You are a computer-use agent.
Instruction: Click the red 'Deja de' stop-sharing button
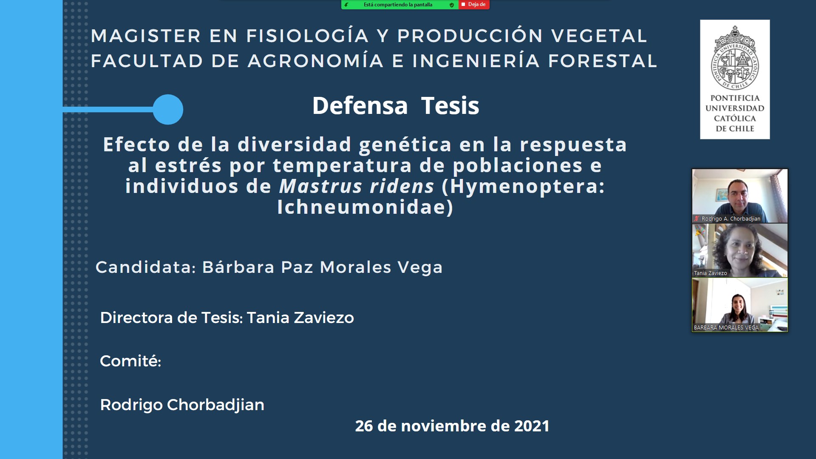click(x=474, y=5)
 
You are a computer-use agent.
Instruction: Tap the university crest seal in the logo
click(x=735, y=58)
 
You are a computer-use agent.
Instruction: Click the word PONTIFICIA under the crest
click(x=735, y=98)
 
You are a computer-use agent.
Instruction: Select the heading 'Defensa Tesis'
click(x=396, y=105)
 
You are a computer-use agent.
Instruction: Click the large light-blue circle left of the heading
click(x=168, y=109)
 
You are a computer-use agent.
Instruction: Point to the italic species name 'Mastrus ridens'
click(x=357, y=186)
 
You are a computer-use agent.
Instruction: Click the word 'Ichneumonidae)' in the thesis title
click(x=365, y=207)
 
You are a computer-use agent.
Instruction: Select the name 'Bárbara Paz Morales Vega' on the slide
click(x=323, y=267)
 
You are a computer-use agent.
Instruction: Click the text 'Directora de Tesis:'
click(x=171, y=317)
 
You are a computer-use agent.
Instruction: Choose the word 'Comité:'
click(x=130, y=361)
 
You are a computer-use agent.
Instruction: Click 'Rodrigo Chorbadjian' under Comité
click(x=182, y=405)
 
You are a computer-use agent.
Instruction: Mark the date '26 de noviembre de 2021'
click(x=452, y=426)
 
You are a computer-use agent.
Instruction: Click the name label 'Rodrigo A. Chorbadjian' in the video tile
click(x=731, y=219)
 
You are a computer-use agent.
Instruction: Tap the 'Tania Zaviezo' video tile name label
click(x=710, y=273)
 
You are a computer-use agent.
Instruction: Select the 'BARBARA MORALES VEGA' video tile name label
click(x=726, y=328)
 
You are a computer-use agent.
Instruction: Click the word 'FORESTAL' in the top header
click(x=603, y=61)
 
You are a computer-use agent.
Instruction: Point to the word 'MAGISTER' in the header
click(x=146, y=36)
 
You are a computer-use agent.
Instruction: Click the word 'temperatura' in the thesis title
click(x=342, y=165)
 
